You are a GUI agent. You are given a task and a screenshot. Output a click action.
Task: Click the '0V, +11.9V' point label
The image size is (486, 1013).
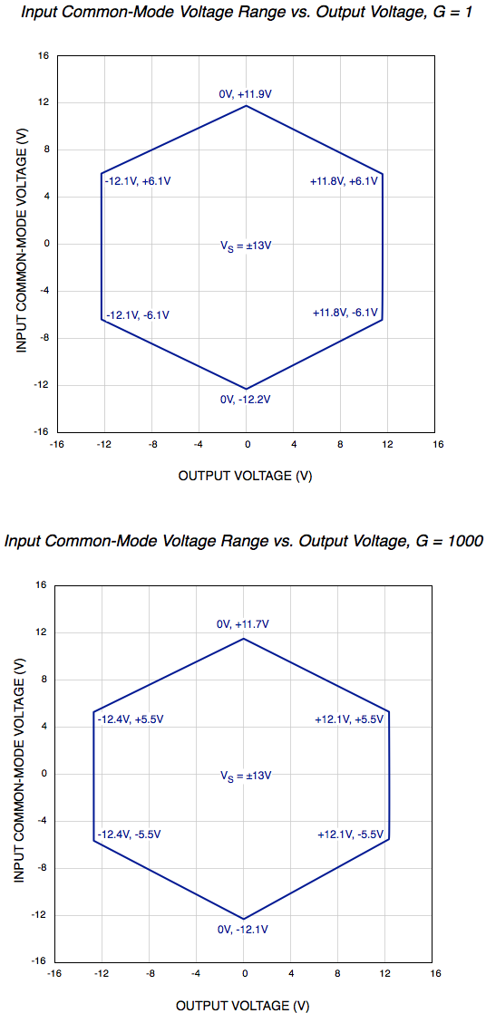pos(246,92)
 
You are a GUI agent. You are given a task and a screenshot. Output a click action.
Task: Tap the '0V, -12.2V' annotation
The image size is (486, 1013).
pos(246,400)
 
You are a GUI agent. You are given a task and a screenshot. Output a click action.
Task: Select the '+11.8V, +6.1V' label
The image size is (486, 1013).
pos(344,181)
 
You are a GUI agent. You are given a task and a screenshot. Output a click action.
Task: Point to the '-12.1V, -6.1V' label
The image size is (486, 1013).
pos(138,315)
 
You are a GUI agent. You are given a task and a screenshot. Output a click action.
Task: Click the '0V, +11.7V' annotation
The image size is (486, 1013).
pos(243,624)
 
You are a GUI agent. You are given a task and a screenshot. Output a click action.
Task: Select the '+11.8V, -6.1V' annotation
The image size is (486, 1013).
pos(345,313)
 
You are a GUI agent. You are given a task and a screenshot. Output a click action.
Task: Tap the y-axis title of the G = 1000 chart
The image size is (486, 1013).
pos(18,773)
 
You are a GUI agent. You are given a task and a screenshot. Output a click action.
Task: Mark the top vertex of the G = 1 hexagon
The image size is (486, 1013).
pos(246,106)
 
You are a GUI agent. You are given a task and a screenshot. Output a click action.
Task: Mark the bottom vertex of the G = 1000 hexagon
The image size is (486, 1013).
pos(244,920)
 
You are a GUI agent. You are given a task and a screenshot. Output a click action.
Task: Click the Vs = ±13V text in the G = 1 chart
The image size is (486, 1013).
pos(246,246)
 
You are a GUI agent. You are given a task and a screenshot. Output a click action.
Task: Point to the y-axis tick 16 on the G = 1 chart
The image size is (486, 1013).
pos(43,55)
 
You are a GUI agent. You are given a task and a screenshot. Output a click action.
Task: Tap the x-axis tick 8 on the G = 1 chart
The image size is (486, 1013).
pos(341,445)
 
